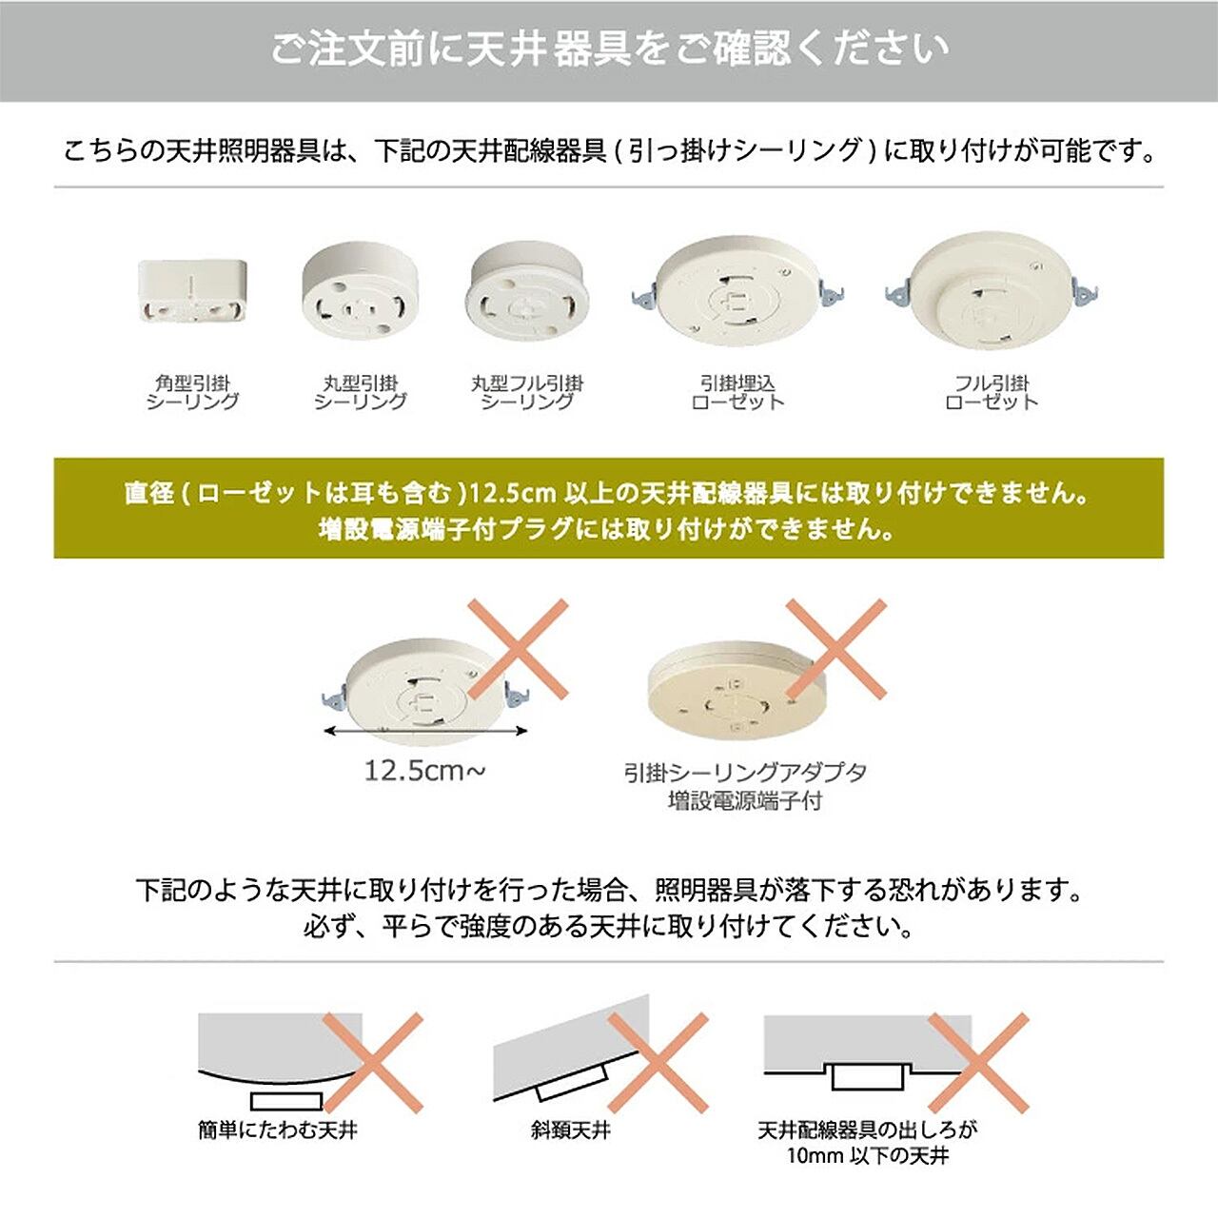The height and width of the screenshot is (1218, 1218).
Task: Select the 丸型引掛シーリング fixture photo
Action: click(x=361, y=291)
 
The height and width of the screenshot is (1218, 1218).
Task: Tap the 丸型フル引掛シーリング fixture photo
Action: click(x=527, y=291)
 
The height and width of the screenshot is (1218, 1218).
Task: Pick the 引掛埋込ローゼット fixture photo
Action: click(x=737, y=291)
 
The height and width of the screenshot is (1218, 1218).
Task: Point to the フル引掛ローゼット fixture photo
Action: click(x=992, y=291)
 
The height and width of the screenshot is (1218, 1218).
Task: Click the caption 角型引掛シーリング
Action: click(x=192, y=392)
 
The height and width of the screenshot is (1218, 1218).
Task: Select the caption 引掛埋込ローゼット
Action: click(x=737, y=392)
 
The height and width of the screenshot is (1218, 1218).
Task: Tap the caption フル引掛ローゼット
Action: click(x=992, y=392)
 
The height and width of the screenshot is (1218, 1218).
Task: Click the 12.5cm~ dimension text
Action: click(x=424, y=771)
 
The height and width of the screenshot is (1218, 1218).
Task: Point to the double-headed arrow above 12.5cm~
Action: click(x=424, y=732)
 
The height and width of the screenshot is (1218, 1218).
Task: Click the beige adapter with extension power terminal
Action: click(x=737, y=693)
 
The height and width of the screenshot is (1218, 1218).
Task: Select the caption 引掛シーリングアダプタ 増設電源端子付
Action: click(x=745, y=787)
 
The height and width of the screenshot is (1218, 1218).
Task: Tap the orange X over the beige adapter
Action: click(x=835, y=650)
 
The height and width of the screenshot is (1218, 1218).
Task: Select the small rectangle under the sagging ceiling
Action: click(x=286, y=1100)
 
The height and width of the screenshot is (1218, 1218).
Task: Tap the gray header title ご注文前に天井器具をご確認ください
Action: click(x=609, y=49)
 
